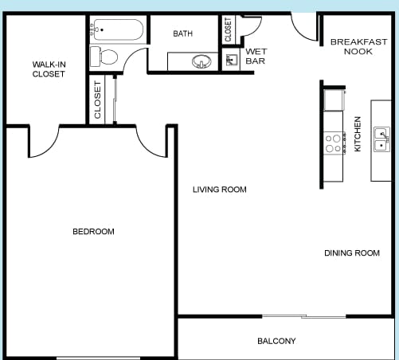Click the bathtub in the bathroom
(118, 29)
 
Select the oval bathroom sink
(201, 61)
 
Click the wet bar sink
(232, 60)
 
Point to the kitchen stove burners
(334, 143)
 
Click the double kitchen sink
(381, 139)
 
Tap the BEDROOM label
(93, 232)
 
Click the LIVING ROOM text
(220, 190)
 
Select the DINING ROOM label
(352, 252)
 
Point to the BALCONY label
(276, 341)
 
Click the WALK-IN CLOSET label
(49, 69)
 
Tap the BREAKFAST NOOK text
(358, 46)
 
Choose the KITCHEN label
(358, 134)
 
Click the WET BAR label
(256, 56)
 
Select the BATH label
(182, 33)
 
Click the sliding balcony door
(304, 316)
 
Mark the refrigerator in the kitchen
(334, 100)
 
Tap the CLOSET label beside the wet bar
(228, 29)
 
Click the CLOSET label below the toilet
(98, 100)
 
